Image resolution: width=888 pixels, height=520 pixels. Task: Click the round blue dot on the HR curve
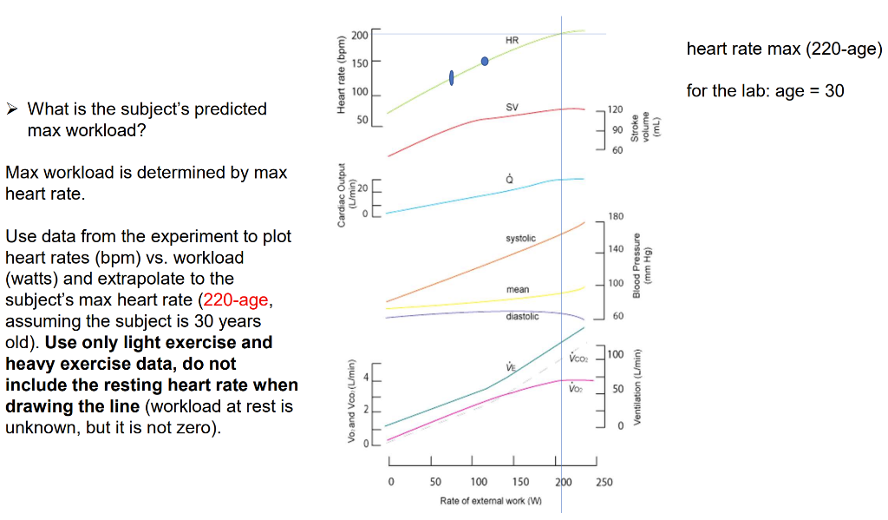pyautogui.click(x=485, y=61)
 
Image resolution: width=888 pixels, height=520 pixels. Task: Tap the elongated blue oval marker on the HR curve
pyautogui.click(x=452, y=78)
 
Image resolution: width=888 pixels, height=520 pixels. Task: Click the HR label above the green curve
pyautogui.click(x=511, y=40)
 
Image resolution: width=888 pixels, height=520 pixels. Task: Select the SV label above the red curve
pyautogui.click(x=512, y=107)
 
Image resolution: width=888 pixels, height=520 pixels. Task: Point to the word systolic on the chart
pyautogui.click(x=520, y=238)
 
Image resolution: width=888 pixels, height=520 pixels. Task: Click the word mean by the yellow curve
pyautogui.click(x=518, y=289)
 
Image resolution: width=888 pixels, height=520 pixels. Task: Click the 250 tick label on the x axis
pyautogui.click(x=604, y=482)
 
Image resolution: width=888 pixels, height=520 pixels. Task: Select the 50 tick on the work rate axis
pyautogui.click(x=435, y=482)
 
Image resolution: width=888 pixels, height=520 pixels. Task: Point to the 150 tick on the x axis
pyautogui.click(x=520, y=482)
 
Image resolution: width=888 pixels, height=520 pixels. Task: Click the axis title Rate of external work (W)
pyautogui.click(x=491, y=502)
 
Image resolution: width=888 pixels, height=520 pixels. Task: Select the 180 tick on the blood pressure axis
pyautogui.click(x=616, y=216)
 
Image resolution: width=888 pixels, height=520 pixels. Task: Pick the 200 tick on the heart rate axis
pyautogui.click(x=361, y=34)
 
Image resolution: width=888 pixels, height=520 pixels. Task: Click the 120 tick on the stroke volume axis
pyautogui.click(x=615, y=110)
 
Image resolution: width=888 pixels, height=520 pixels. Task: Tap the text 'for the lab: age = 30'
pyautogui.click(x=765, y=90)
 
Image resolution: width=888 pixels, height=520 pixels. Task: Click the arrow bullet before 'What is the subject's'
pyautogui.click(x=13, y=109)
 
